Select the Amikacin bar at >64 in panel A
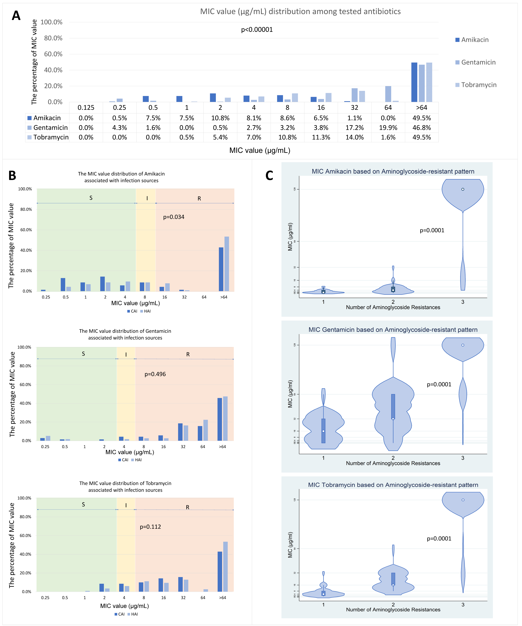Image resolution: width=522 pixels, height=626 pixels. coord(414,82)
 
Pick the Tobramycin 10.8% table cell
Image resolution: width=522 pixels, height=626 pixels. coord(287,137)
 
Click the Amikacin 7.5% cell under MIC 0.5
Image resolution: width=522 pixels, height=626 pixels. coord(153,118)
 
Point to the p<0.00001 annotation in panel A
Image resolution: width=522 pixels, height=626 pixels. coord(257,29)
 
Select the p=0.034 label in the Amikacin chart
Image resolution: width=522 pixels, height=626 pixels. coord(174,217)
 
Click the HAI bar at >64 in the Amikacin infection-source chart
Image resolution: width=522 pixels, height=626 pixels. coord(227,264)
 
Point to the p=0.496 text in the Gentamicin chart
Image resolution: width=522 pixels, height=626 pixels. coord(155,374)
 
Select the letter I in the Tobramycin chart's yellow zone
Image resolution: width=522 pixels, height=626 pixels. coord(126,505)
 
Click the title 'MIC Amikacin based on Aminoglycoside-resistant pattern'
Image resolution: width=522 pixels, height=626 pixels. coord(393,171)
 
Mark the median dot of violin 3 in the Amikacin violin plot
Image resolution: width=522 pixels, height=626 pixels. coord(463,189)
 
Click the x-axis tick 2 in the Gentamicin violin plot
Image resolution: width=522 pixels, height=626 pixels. coord(393,458)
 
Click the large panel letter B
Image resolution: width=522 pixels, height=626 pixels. coord(12,176)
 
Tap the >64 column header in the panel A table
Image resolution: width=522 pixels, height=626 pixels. coord(421,108)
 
